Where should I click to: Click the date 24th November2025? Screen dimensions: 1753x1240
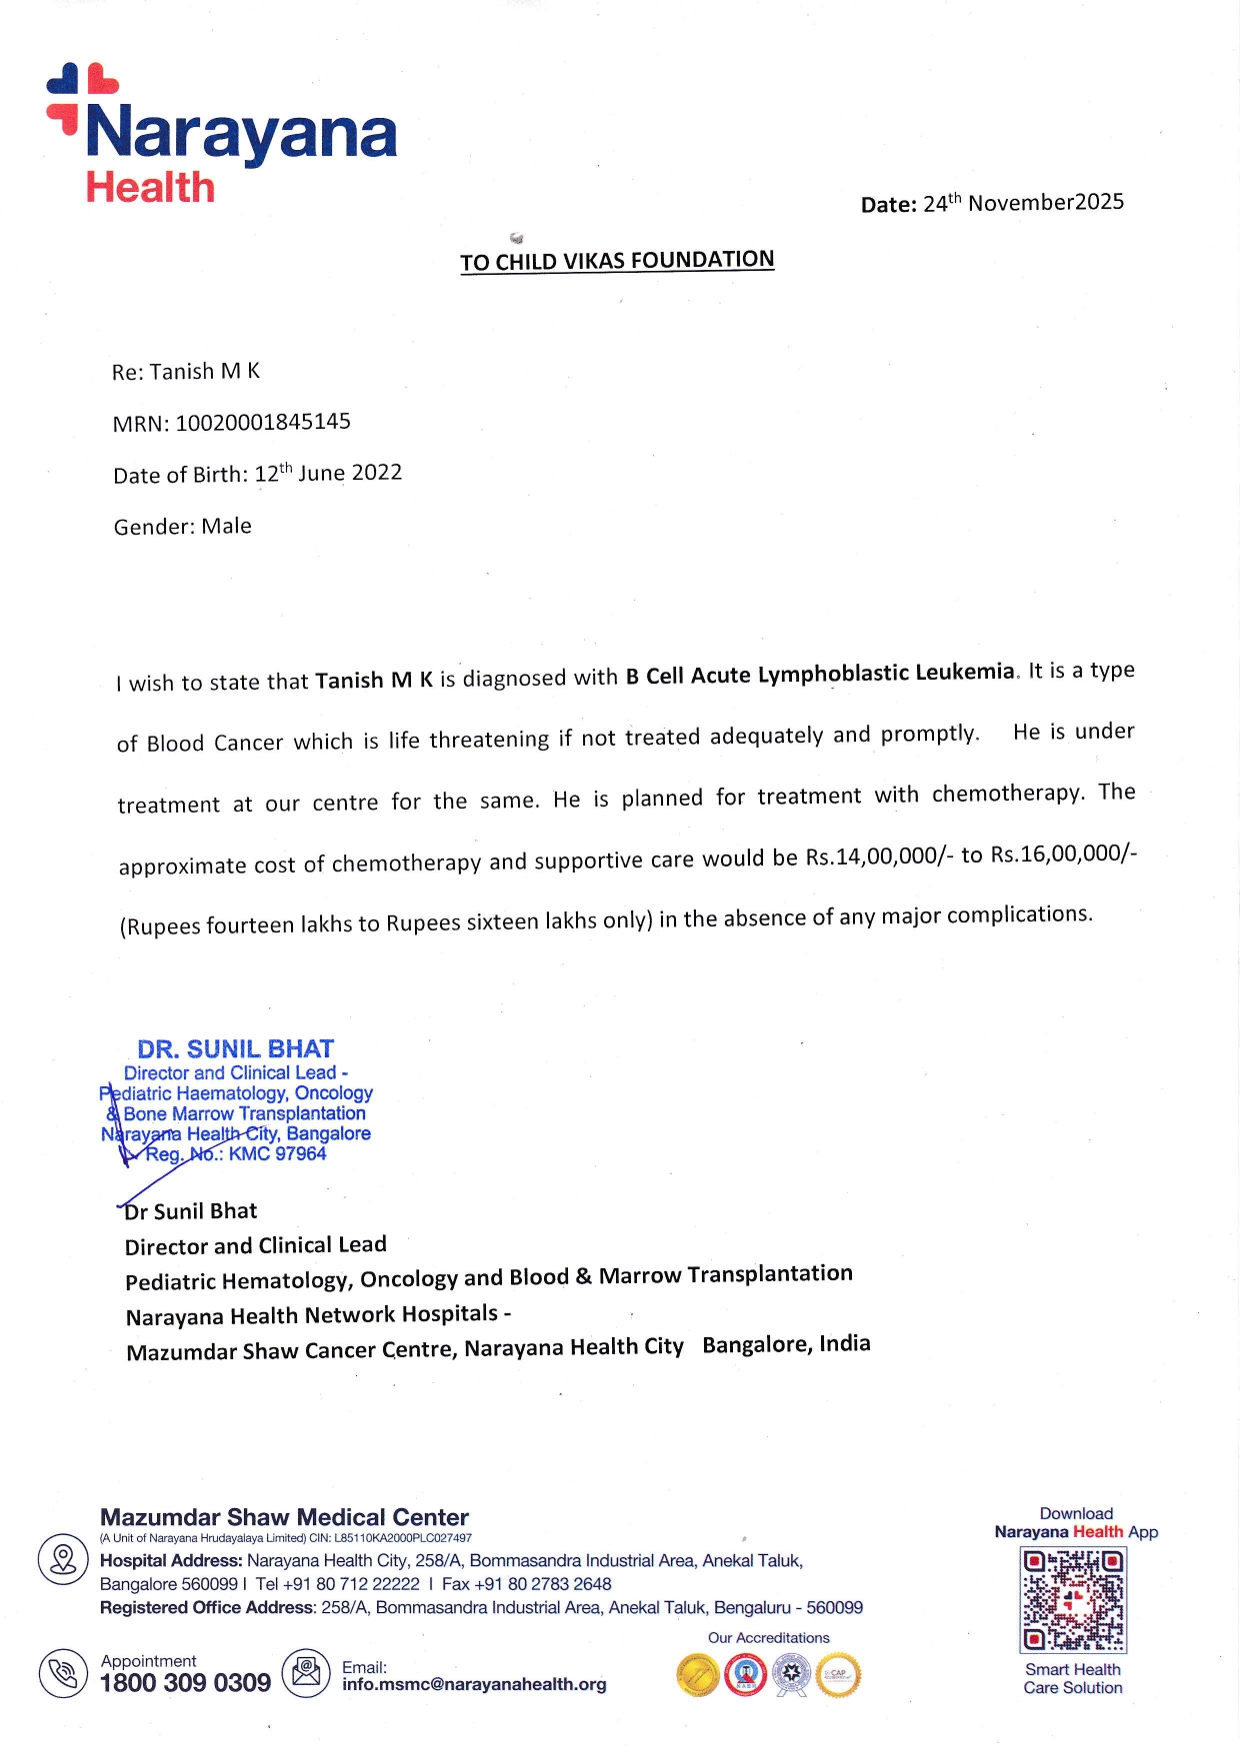tap(1022, 203)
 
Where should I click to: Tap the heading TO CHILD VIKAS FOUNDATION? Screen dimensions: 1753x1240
tap(617, 261)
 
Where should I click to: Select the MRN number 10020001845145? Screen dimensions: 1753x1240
tap(263, 422)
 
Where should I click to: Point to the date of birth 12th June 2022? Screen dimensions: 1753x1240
tap(328, 473)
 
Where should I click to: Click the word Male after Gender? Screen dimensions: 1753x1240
tap(226, 527)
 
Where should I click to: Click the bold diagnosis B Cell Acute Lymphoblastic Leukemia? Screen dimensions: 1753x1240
tap(820, 675)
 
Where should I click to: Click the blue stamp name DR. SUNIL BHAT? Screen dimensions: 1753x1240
tap(236, 1049)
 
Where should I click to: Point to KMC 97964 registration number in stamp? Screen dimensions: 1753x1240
tap(277, 1154)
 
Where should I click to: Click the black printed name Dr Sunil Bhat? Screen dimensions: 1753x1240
tap(191, 1211)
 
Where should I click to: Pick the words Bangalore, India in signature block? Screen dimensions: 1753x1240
tap(786, 1344)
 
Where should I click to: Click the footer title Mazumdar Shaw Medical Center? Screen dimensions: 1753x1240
tap(284, 1517)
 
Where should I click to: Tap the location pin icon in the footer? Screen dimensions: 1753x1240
tap(63, 1559)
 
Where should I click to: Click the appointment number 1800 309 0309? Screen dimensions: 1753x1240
tap(185, 1683)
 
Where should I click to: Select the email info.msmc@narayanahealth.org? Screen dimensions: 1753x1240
tap(474, 1684)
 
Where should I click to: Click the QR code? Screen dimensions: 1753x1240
tap(1073, 1599)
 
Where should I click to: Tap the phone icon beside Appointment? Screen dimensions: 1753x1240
tap(63, 1673)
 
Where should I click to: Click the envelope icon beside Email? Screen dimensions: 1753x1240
tap(306, 1673)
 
